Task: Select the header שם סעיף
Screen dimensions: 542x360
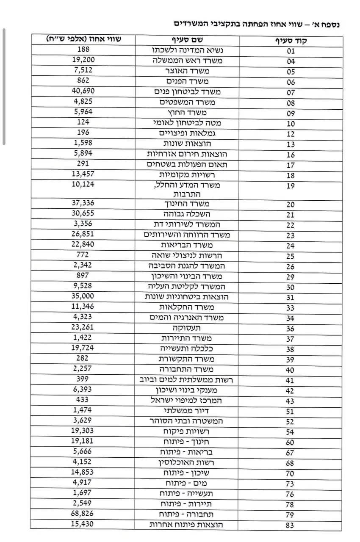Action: click(x=186, y=40)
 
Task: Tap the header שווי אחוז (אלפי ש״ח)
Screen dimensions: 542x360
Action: click(x=83, y=39)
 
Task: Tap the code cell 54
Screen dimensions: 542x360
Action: click(x=290, y=432)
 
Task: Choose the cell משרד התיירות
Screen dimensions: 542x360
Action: click(x=187, y=338)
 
